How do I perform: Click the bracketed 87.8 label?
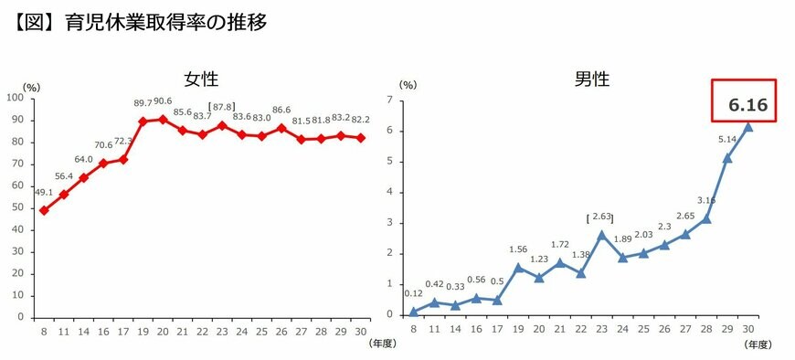coord(224,107)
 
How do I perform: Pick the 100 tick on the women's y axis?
coord(15,98)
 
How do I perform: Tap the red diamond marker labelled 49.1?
coord(44,210)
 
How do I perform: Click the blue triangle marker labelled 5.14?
coord(728,158)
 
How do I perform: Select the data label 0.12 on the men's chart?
coord(414,293)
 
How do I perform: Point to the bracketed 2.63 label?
coord(600,217)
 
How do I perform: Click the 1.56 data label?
coord(517,249)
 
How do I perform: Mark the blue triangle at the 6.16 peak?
coord(748,127)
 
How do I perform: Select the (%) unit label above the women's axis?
coord(31,87)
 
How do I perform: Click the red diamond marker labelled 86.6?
coord(281,128)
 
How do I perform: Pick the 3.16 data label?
coord(707,200)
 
